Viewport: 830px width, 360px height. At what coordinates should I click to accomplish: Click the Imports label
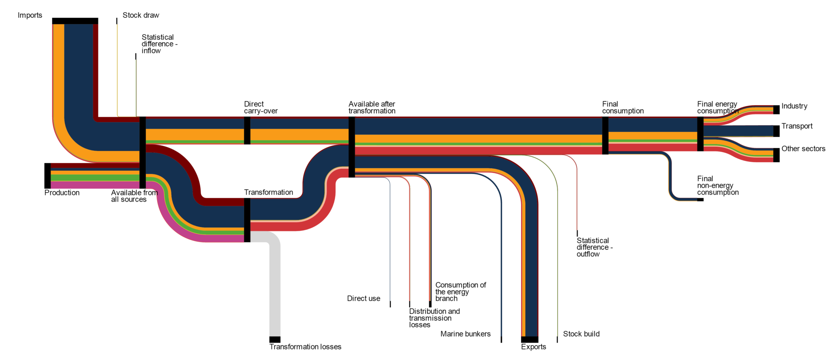tap(30, 15)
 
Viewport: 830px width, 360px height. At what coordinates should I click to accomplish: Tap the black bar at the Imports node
tap(75, 21)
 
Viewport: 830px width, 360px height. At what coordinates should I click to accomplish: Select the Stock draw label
tap(141, 15)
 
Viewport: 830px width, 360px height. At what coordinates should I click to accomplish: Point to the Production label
tap(62, 193)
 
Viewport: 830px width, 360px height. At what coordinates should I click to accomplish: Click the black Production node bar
tap(47, 176)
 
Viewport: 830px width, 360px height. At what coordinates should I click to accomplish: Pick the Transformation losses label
tap(305, 347)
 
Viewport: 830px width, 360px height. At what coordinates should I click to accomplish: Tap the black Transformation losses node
tap(275, 340)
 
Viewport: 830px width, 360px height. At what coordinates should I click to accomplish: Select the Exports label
tap(533, 347)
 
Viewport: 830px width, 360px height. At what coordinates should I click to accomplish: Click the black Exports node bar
tap(530, 340)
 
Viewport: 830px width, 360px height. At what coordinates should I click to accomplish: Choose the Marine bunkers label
tap(465, 334)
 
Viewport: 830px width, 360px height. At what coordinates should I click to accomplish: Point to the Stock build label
tap(581, 334)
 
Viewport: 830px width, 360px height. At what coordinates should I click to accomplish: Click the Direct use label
tap(364, 299)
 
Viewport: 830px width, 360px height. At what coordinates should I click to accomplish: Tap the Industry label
tap(794, 106)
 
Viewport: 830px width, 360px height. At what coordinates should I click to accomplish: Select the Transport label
tap(797, 126)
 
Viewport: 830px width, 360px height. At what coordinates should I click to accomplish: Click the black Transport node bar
tap(777, 131)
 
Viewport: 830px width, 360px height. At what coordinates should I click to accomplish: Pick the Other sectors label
tap(803, 149)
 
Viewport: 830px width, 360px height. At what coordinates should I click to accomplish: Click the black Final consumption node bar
tap(605, 135)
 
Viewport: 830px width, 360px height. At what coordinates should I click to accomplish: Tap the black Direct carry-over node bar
tap(247, 131)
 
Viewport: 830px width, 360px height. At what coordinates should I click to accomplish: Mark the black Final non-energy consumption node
tap(700, 199)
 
